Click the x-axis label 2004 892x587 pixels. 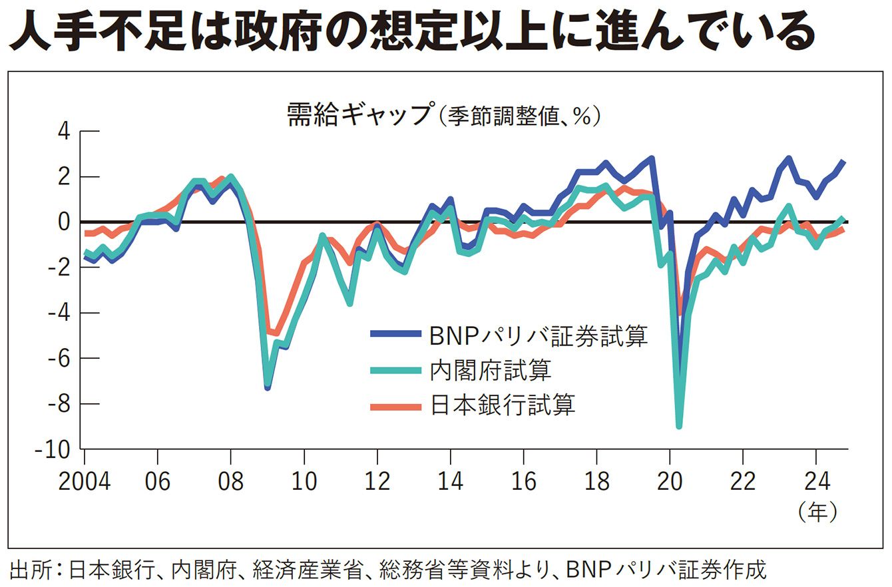tap(85, 481)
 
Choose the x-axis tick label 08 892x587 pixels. tap(230, 481)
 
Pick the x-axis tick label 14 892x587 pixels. tap(450, 481)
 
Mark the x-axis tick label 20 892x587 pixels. tap(670, 481)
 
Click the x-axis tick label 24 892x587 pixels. tap(816, 481)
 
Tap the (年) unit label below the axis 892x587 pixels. tap(817, 512)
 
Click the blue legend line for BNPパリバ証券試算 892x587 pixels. tap(395, 334)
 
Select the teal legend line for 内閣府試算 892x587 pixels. tap(395, 369)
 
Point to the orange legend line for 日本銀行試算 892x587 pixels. tap(395, 405)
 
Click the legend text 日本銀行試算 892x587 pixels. tap(503, 405)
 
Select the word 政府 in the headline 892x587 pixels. tap(274, 31)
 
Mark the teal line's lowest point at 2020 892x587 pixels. tap(679, 426)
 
